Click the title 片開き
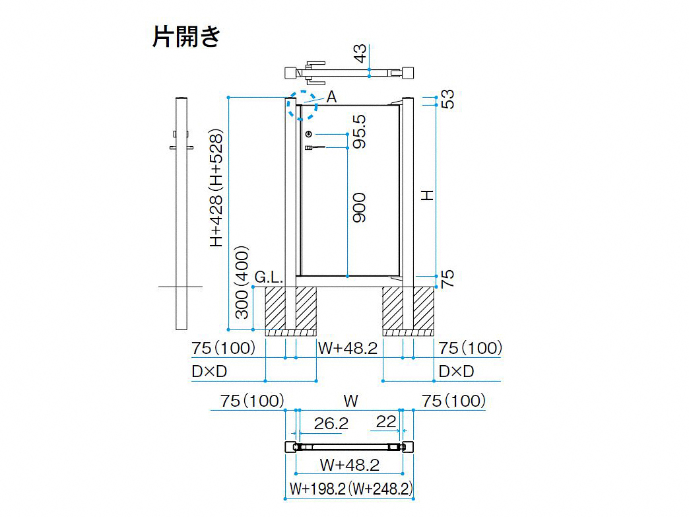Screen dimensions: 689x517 pos(186,36)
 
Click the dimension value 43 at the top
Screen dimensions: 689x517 pos(360,53)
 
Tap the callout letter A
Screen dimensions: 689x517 pos(332,96)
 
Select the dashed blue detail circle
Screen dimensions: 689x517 pos(302,105)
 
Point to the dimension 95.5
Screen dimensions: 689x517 pos(360,131)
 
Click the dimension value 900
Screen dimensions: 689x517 pos(360,207)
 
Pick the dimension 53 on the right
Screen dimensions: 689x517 pos(447,99)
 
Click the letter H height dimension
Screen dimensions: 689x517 pos(427,195)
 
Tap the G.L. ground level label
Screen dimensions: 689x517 pos(269,277)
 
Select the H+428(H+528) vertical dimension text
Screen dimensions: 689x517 pos(216,188)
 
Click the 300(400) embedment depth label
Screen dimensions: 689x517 pos(242,282)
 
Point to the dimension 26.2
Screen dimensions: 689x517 pos(331,423)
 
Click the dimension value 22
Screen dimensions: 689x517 pos(386,422)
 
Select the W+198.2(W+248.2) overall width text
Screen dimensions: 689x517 pos(350,489)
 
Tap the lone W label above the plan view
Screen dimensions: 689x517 pos(350,401)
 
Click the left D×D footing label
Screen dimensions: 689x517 pos(209,372)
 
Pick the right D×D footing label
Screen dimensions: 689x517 pos(456,372)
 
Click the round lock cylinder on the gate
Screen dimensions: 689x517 pos(308,134)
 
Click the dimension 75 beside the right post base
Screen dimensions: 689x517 pos(447,279)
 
